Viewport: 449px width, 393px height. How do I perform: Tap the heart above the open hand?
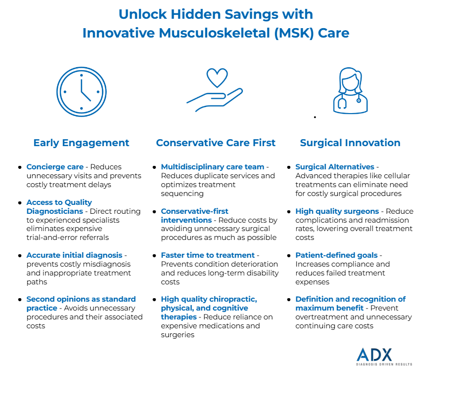coord(217,78)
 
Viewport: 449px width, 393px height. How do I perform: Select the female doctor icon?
coord(350,91)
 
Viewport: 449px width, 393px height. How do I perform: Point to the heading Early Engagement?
coord(81,143)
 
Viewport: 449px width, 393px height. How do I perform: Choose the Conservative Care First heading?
coord(216,143)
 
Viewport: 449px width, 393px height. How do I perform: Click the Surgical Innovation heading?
coord(350,143)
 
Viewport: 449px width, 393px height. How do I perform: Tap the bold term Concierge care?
coord(55,167)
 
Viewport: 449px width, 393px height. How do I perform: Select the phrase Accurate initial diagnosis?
coord(75,255)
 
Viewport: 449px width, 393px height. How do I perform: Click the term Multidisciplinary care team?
coord(213,167)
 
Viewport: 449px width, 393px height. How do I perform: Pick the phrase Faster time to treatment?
coord(208,255)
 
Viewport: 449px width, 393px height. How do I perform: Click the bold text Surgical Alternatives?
coord(335,167)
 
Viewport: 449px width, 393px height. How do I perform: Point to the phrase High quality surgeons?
coord(337,211)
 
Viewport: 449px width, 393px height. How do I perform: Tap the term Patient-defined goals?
coord(336,255)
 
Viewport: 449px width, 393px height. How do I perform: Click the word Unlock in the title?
coord(142,14)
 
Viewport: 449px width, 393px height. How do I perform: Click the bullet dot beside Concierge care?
coord(20,167)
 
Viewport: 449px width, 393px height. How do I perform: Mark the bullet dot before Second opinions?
coord(20,300)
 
